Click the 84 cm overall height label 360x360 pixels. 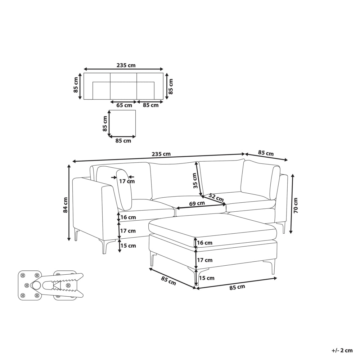click(66, 205)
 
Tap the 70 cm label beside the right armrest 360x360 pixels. click(296, 205)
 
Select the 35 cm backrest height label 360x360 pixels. click(195, 181)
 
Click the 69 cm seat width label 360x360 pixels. click(197, 203)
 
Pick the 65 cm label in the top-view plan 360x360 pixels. click(124, 105)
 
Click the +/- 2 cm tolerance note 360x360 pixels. click(342, 350)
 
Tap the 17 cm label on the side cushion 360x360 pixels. click(127, 181)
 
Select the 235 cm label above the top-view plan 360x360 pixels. click(126, 65)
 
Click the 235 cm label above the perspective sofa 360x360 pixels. click(161, 154)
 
